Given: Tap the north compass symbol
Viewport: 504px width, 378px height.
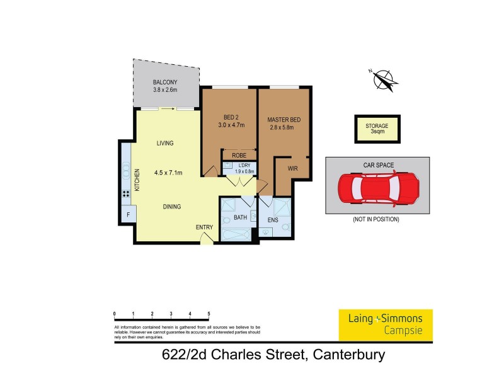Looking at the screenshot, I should pyautogui.click(x=381, y=79).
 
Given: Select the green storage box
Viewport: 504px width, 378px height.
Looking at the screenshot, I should pyautogui.click(x=377, y=129).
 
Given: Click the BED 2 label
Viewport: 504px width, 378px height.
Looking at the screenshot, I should pyautogui.click(x=231, y=117).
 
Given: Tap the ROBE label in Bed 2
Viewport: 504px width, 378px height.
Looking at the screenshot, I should pyautogui.click(x=239, y=155).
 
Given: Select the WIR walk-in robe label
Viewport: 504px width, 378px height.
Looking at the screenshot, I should pyautogui.click(x=292, y=169).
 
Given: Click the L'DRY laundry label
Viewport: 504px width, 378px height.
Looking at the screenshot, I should pyautogui.click(x=244, y=165).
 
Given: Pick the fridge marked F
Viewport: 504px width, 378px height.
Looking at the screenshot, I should pyautogui.click(x=128, y=214).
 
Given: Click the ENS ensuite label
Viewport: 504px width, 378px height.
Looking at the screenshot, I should pyautogui.click(x=273, y=220).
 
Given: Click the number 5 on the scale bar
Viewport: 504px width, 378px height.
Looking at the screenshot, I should pyautogui.click(x=209, y=313).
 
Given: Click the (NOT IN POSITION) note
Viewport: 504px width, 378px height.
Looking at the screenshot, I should pyautogui.click(x=377, y=219).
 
